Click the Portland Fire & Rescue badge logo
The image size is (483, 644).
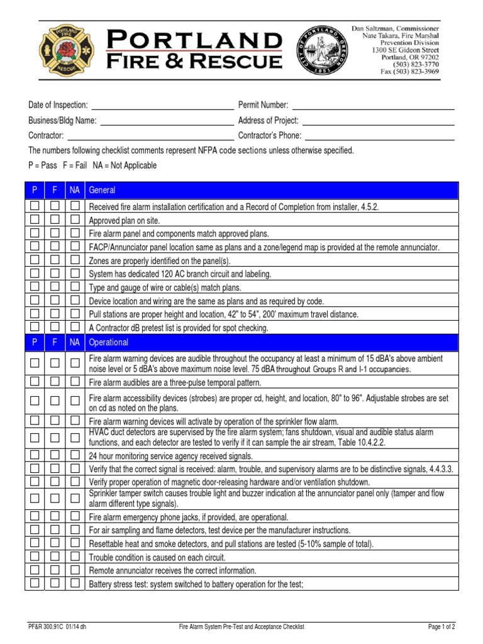61,51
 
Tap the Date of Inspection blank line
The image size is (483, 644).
162,104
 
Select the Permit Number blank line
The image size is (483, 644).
372,104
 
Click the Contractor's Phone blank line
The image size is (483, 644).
379,135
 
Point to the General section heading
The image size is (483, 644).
103,190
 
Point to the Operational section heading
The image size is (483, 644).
109,343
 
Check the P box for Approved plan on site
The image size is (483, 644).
35,221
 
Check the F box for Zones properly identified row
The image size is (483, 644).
55,260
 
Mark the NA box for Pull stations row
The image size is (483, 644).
75,314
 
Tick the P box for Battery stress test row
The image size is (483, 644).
35,584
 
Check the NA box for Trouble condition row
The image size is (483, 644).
75,557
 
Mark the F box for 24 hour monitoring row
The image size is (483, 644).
55,455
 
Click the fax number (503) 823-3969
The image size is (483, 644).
404,72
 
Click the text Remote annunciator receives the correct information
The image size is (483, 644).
172,570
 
